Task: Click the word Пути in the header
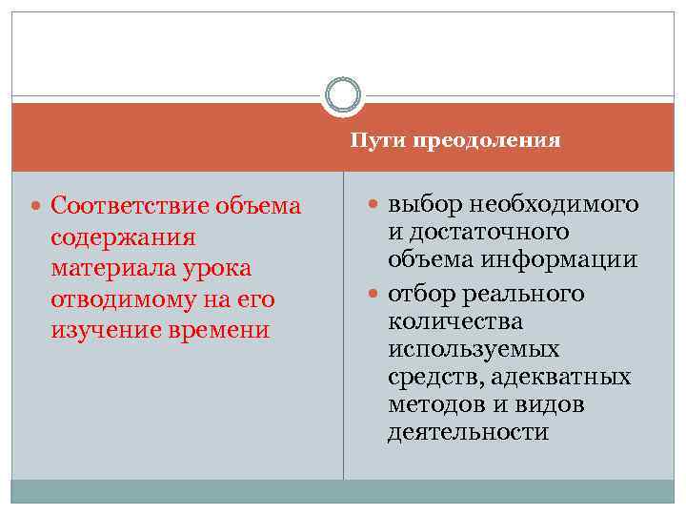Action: pos(372,141)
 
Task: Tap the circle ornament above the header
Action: pos(343,95)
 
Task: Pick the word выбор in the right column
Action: pos(420,204)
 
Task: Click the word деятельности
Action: pos(468,434)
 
